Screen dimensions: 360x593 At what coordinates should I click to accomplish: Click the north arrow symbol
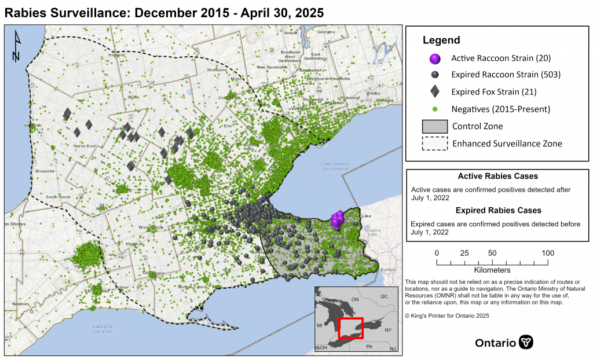pyautogui.click(x=16, y=47)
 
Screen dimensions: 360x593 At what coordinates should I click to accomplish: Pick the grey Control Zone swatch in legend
pyautogui.click(x=435, y=126)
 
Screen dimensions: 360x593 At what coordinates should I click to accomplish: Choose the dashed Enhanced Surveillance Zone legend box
pyautogui.click(x=435, y=144)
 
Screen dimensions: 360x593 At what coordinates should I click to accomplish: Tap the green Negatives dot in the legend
pyautogui.click(x=435, y=109)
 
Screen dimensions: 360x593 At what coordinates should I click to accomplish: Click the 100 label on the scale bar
pyautogui.click(x=547, y=253)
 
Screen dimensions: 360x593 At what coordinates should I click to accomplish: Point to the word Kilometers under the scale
pyautogui.click(x=492, y=270)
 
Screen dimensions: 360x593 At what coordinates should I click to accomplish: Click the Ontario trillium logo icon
pyautogui.click(x=526, y=342)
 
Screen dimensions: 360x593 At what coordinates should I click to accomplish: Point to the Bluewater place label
pyautogui.click(x=45, y=171)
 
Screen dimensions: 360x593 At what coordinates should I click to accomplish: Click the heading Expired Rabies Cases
pyautogui.click(x=498, y=210)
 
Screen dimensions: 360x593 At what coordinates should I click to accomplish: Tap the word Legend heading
pyautogui.click(x=441, y=41)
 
